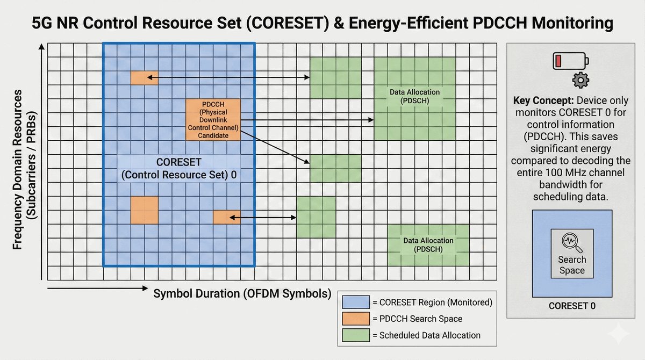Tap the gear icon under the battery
(x=580, y=81)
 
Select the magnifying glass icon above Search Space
(x=571, y=243)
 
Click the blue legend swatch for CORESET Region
(x=355, y=303)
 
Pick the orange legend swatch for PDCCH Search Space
(x=355, y=319)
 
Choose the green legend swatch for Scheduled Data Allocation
(x=355, y=335)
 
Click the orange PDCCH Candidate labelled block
(x=213, y=119)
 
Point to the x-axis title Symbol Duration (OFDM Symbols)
(x=242, y=294)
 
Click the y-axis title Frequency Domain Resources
(x=18, y=169)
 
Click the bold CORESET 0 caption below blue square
(x=572, y=307)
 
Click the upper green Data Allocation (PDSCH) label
(x=414, y=96)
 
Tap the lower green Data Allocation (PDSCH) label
(x=428, y=245)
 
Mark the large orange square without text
(x=145, y=210)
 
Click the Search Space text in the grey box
(x=571, y=265)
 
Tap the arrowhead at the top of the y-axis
(x=41, y=47)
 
